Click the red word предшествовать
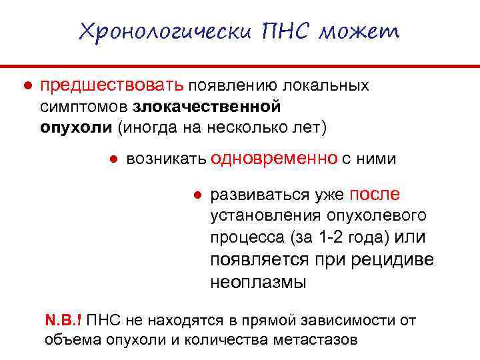112,86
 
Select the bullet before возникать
114,159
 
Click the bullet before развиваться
197,195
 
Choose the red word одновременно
273,159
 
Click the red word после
375,194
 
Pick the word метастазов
315,340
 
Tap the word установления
266,216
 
